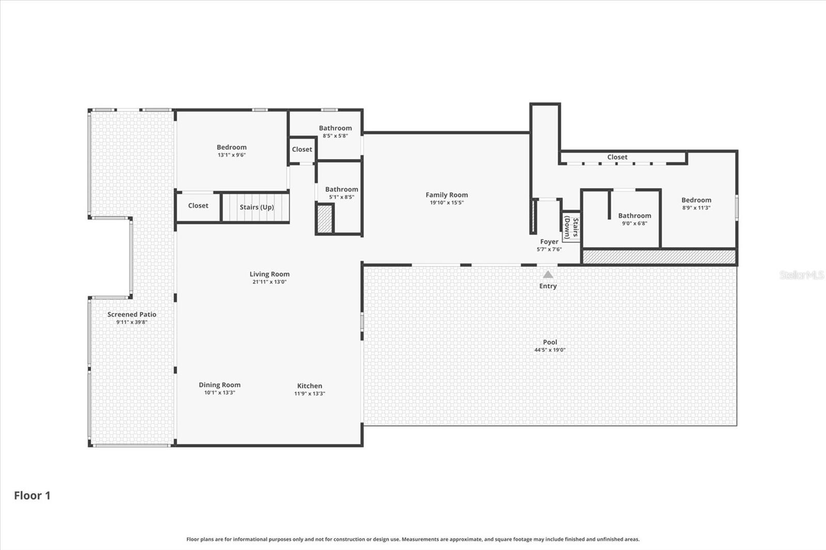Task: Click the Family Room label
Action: pyautogui.click(x=447, y=195)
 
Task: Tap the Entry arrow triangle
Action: pyautogui.click(x=548, y=274)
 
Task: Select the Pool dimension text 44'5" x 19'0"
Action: pyautogui.click(x=550, y=350)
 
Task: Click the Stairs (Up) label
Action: pyautogui.click(x=257, y=207)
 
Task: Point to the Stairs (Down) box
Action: pyautogui.click(x=571, y=227)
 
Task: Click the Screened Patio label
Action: pyautogui.click(x=132, y=314)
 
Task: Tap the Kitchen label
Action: pyautogui.click(x=310, y=386)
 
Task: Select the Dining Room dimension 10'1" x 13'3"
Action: pyautogui.click(x=219, y=393)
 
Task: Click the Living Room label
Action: pyautogui.click(x=269, y=274)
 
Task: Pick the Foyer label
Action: pyautogui.click(x=549, y=241)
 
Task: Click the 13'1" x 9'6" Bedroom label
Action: pyautogui.click(x=231, y=148)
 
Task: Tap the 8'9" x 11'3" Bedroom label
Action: pyautogui.click(x=696, y=200)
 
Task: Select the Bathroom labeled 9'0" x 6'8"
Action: pyautogui.click(x=634, y=216)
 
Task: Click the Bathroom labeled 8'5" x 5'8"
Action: pyautogui.click(x=335, y=128)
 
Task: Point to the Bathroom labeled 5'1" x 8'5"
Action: pyautogui.click(x=341, y=189)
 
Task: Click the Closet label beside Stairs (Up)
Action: pyautogui.click(x=198, y=206)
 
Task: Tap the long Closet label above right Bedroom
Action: pyautogui.click(x=617, y=157)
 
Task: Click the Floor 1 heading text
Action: pyautogui.click(x=32, y=496)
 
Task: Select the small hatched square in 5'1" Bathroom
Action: pyautogui.click(x=325, y=219)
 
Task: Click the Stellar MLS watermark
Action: pyautogui.click(x=801, y=275)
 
